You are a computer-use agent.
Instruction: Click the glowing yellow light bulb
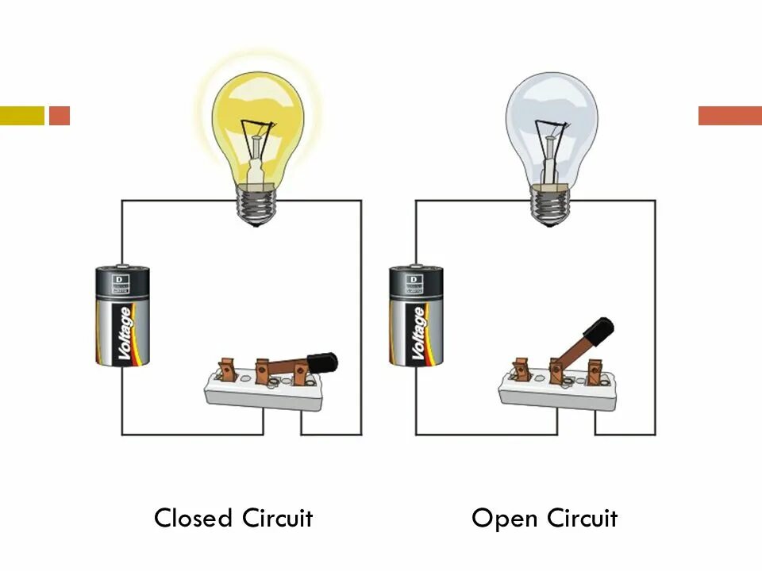[258, 119]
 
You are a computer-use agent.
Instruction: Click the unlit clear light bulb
[552, 119]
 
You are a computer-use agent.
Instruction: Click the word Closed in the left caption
[193, 519]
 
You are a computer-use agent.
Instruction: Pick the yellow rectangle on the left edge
[21, 116]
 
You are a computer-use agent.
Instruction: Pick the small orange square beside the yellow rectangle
[60, 116]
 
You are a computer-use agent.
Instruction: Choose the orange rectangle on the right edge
[729, 116]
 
